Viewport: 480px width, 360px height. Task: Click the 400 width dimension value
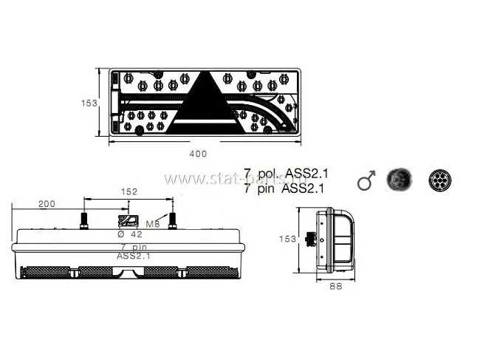[198, 154]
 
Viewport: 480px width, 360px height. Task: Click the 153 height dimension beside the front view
[89, 103]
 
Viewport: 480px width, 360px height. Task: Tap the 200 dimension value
[47, 203]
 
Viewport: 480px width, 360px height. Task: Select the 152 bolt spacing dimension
[128, 191]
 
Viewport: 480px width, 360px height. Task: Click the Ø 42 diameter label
[131, 234]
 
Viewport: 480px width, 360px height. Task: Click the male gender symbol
[366, 180]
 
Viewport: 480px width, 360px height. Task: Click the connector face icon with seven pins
[440, 180]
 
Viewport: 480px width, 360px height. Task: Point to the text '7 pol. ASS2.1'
[286, 174]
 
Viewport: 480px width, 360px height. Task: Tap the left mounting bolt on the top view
[83, 220]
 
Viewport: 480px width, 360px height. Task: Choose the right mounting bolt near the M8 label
[172, 220]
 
